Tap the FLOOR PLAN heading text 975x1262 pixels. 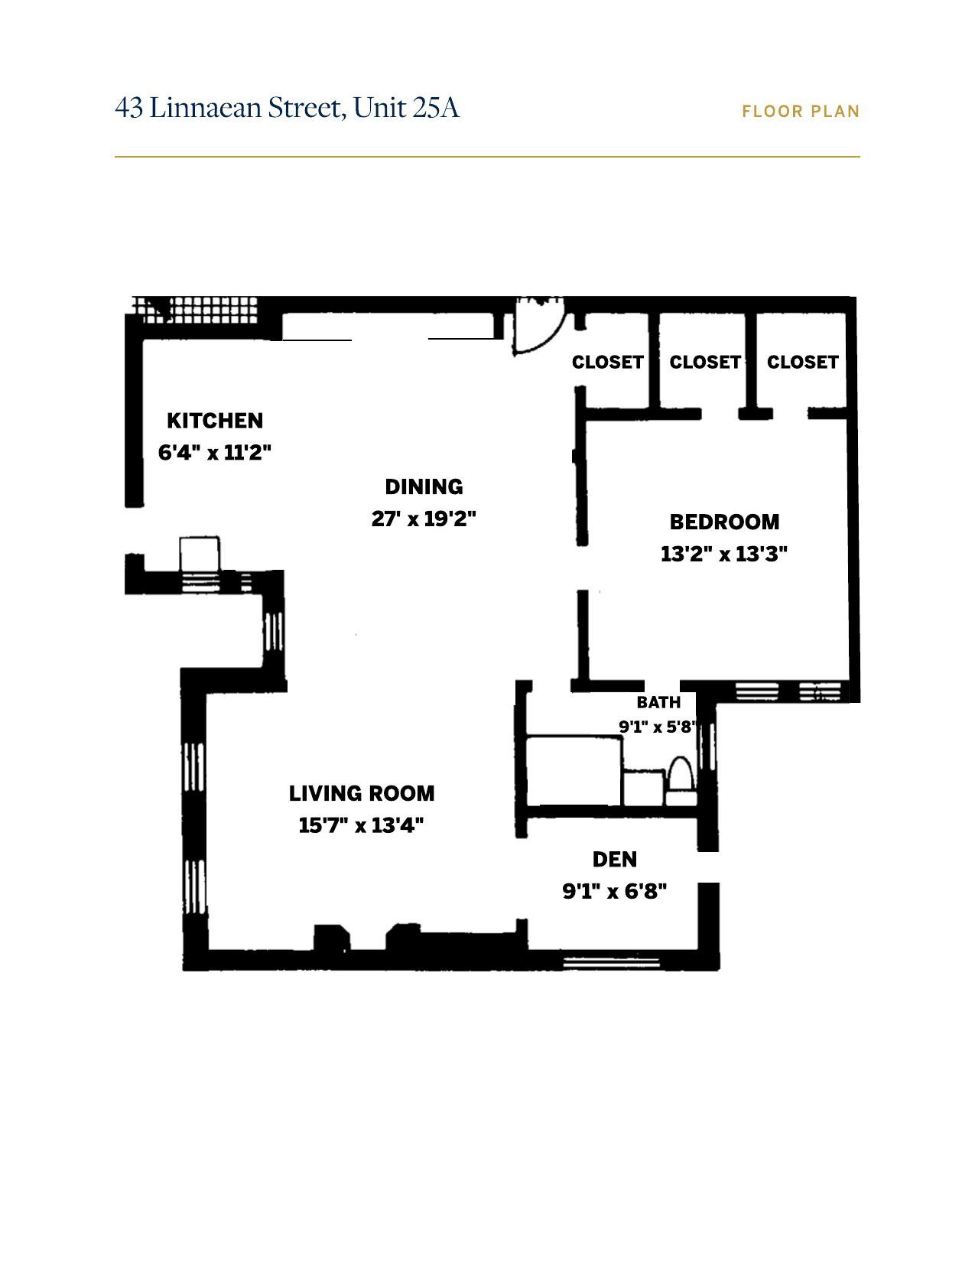pos(801,112)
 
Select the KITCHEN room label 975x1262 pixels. pos(215,421)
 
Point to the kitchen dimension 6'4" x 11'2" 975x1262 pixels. pos(215,452)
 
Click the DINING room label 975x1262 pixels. pos(424,486)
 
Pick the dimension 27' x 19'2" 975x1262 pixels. pos(424,519)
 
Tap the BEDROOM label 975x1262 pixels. pos(724,522)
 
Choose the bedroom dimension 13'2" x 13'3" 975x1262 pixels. pos(724,554)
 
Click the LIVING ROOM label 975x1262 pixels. pos(362,793)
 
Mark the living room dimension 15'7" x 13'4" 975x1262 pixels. pos(361,825)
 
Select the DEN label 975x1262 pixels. pos(615,860)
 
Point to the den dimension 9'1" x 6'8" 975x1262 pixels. pos(614,891)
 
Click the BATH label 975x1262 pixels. pos(658,703)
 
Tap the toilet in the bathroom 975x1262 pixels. pos(681,781)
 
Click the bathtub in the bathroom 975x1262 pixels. pos(574,771)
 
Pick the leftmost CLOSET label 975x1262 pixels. pos(608,363)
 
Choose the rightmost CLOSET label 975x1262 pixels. pos(803,363)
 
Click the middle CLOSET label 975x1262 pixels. pos(706,363)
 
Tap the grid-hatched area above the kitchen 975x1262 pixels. pos(195,311)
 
